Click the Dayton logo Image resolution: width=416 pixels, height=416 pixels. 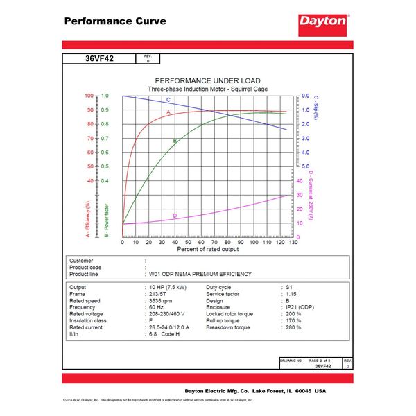(322, 21)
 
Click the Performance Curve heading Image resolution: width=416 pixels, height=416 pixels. (115, 21)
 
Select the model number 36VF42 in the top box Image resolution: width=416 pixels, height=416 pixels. (99, 59)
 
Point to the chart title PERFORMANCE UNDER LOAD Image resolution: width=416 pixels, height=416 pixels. (207, 80)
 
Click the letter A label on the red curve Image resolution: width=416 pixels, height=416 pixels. (168, 111)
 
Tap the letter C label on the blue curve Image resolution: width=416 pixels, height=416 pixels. (168, 101)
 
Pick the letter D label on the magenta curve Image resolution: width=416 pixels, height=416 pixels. (175, 216)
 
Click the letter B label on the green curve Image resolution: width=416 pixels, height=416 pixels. (175, 141)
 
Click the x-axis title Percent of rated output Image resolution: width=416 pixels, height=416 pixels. (208, 248)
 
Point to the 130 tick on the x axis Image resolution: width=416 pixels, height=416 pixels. (294, 242)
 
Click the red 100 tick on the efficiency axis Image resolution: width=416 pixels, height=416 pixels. (89, 96)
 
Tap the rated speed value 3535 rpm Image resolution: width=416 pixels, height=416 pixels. (162, 300)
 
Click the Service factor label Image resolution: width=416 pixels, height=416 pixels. (226, 293)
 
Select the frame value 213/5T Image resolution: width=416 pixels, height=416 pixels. (159, 293)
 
